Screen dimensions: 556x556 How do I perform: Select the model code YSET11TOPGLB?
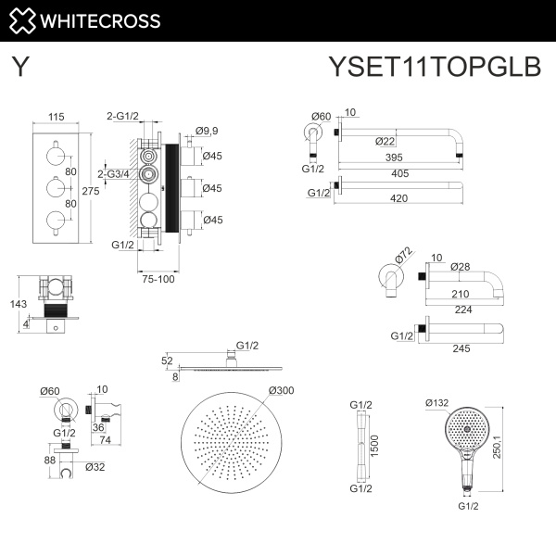click(434, 67)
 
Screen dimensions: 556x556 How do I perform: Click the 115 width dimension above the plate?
click(56, 118)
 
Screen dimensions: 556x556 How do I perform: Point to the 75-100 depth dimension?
click(158, 277)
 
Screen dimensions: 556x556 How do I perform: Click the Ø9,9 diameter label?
click(213, 132)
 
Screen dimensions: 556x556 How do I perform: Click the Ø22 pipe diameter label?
click(387, 141)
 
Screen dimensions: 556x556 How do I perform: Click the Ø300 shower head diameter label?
click(281, 390)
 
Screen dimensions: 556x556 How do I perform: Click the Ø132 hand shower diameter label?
click(437, 403)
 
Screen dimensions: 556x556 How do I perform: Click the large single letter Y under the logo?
click(19, 67)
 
